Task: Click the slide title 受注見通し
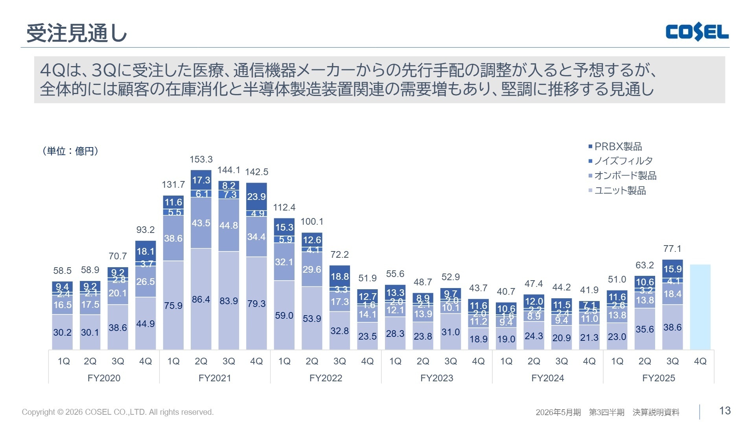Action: tap(77, 33)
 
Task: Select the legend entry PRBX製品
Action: tap(618, 146)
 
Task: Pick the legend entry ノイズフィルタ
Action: tap(623, 161)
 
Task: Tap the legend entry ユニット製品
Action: tap(620, 191)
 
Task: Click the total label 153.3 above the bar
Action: tap(201, 159)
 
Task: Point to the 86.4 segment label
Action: tap(201, 299)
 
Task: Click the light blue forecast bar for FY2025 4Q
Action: tap(700, 307)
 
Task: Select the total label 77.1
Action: tap(672, 249)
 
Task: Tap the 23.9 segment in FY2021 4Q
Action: tap(256, 196)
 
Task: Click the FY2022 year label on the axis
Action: tap(326, 378)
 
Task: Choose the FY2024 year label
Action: tap(547, 378)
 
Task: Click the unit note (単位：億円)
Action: tap(70, 151)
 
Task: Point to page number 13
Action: tap(725, 411)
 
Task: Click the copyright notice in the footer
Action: tap(118, 412)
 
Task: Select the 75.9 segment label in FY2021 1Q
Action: tap(173, 306)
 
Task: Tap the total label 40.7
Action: tap(506, 292)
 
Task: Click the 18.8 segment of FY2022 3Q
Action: tap(339, 276)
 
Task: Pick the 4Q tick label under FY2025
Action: tap(700, 361)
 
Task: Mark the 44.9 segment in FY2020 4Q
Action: tap(145, 324)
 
